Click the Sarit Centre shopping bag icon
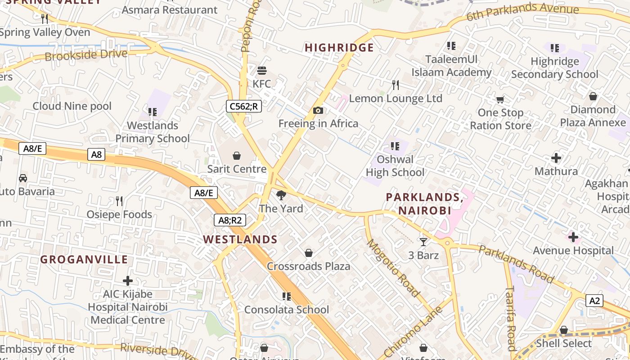tap(237, 156)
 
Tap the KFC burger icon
tap(262, 70)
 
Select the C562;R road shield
tap(244, 106)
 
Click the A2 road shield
tap(594, 301)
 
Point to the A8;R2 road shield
tap(229, 220)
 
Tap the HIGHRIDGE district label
tap(339, 48)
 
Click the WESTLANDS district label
tap(240, 239)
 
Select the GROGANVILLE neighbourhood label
tap(84, 260)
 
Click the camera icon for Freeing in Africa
tap(318, 110)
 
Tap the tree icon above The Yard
tap(281, 195)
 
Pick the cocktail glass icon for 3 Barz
tap(423, 242)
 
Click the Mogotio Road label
tap(393, 268)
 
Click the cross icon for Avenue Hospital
tap(573, 237)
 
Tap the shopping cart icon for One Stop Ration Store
tap(500, 99)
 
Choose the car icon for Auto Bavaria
tap(23, 178)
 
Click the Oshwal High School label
tap(395, 166)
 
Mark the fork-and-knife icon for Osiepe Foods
tap(119, 201)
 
